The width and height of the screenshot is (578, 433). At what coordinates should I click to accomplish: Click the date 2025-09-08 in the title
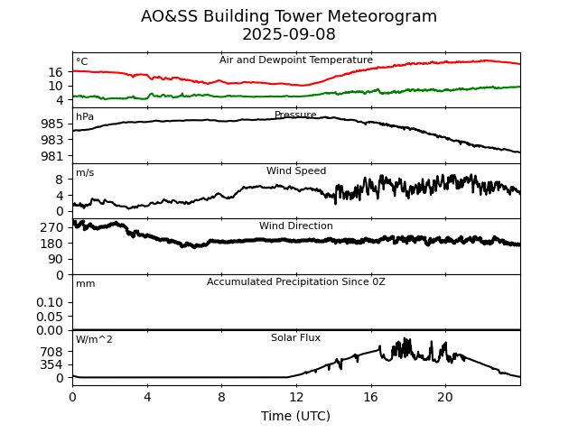click(x=289, y=35)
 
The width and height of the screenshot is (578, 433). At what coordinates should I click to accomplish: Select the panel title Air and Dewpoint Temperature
click(x=296, y=60)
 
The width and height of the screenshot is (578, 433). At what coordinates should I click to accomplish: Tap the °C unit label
click(x=82, y=62)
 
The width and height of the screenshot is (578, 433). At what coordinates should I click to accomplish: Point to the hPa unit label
click(x=85, y=117)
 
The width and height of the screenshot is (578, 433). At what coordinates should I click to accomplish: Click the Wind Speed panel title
click(x=296, y=171)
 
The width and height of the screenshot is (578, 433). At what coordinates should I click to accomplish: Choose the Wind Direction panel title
click(x=296, y=226)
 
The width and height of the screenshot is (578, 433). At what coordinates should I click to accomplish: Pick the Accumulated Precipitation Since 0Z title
click(x=296, y=282)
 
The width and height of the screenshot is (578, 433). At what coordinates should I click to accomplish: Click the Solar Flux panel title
click(x=296, y=338)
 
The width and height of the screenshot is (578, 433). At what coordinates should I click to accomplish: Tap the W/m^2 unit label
click(x=95, y=340)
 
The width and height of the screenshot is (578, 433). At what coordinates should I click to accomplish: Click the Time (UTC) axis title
click(x=296, y=416)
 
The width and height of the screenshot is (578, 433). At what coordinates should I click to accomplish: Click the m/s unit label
click(x=85, y=173)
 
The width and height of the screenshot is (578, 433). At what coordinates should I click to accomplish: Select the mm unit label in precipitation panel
click(x=85, y=284)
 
